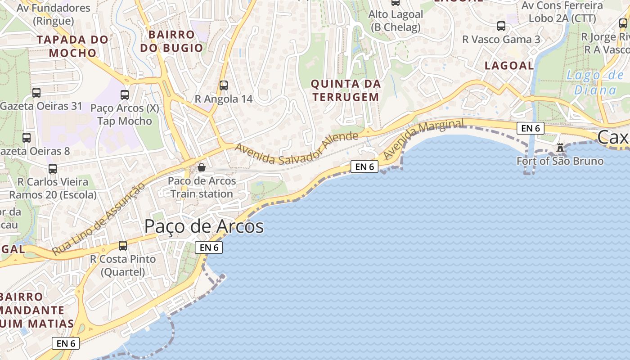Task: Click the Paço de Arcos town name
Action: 204,226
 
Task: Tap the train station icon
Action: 202,168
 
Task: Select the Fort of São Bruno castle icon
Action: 560,147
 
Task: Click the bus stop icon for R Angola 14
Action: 224,85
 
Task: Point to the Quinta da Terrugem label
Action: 346,90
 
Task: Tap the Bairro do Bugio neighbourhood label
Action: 171,41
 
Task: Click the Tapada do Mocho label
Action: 72,46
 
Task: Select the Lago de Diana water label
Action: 595,82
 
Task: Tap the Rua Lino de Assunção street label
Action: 99,219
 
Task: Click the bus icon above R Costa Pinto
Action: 123,246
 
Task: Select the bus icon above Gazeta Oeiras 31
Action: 36,93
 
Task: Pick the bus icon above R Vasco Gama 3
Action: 501,26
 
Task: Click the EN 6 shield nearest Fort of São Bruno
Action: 531,128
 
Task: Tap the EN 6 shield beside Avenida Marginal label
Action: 364,166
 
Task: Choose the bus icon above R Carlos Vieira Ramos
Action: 53,169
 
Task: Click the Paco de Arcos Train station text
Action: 202,187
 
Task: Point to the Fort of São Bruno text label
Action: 560,161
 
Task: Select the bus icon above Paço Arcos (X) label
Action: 125,95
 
